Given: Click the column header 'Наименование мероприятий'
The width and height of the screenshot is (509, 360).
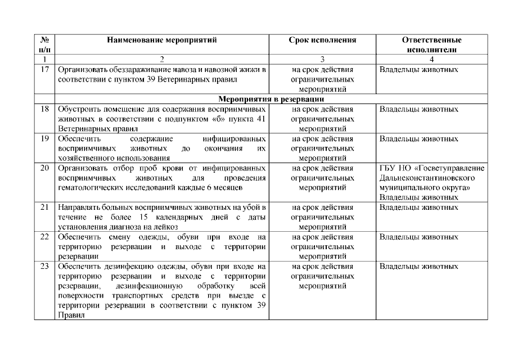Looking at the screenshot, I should pos(161,40).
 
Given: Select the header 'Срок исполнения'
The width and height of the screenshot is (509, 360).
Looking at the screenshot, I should pos(322,40).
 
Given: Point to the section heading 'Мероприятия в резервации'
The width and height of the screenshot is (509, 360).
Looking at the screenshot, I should pos(269,99).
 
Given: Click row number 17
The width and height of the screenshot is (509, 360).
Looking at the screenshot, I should pos(44,70).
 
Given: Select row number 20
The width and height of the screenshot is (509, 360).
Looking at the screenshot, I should pos(44,168).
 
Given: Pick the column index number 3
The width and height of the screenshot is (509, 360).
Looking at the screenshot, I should pos(322,59).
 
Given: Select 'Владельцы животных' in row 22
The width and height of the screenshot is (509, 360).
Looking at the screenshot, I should pos(418,237).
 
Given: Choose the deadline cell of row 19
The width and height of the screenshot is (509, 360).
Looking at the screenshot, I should pos(322,148).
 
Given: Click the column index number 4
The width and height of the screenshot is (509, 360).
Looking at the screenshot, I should pos(431,59).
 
